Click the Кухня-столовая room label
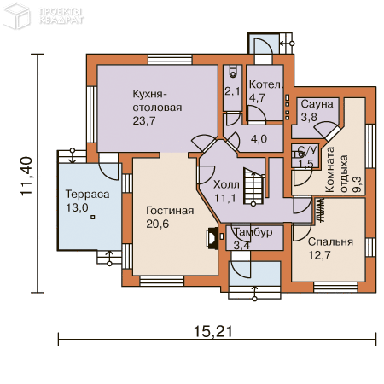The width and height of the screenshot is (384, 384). (x=157, y=101)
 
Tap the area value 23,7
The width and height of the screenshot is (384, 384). (x=144, y=121)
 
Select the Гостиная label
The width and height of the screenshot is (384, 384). (x=170, y=211)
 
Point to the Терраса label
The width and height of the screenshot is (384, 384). (x=87, y=195)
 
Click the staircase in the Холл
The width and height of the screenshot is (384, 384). (x=253, y=186)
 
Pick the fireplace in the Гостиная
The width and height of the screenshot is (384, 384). (x=212, y=238)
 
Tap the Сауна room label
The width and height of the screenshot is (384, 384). (x=317, y=104)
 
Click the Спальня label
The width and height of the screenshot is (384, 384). (x=330, y=242)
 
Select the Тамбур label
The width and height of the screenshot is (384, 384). (x=253, y=232)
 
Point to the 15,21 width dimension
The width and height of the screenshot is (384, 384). (x=213, y=331)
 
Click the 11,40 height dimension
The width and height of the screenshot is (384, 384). (x=26, y=176)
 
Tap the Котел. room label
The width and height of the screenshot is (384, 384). (x=266, y=84)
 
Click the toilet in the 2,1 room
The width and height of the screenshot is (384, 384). (x=233, y=72)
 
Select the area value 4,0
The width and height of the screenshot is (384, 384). (x=259, y=139)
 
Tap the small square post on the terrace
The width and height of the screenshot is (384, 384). (x=93, y=218)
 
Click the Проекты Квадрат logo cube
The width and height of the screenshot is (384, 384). (x=16, y=15)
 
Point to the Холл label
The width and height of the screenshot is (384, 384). (x=226, y=185)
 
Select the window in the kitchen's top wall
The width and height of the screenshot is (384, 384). (x=170, y=60)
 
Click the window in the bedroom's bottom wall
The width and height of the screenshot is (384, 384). (x=335, y=288)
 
